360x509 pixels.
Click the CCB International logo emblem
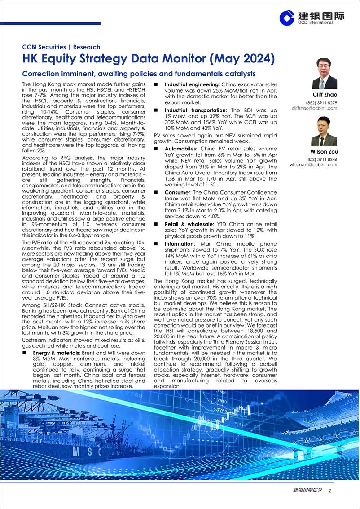[x=287, y=18]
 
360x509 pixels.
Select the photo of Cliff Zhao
[x=324, y=73]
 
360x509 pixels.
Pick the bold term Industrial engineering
[x=191, y=84]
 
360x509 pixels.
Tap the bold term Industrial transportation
[x=195, y=110]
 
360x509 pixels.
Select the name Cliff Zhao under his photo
[x=324, y=94]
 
